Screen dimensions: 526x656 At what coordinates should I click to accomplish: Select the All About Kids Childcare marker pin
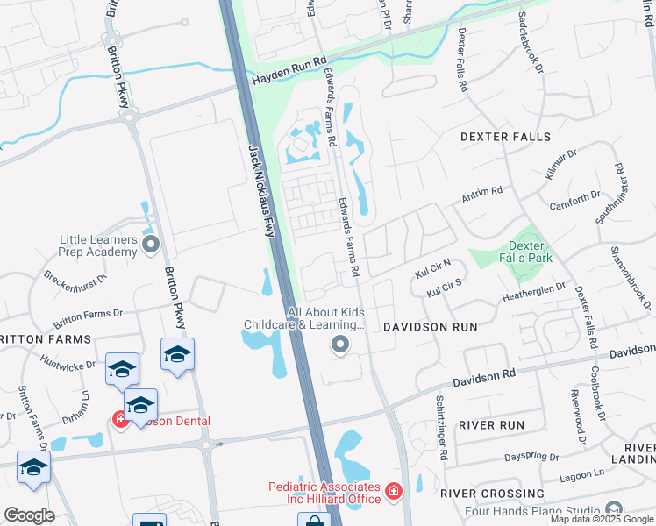pos(340,346)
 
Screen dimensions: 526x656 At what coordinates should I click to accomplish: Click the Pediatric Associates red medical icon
pos(394,490)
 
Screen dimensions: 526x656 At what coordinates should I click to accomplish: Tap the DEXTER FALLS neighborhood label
pos(505,137)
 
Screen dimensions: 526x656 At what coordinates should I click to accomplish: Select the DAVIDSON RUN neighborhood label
pos(430,327)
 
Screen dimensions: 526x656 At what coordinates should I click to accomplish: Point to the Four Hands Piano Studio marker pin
pos(614,509)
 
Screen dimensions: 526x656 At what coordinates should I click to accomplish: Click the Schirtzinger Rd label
pos(443,429)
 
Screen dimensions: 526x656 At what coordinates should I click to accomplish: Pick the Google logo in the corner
pos(29,515)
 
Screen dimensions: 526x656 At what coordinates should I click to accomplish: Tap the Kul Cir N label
pos(432,267)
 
